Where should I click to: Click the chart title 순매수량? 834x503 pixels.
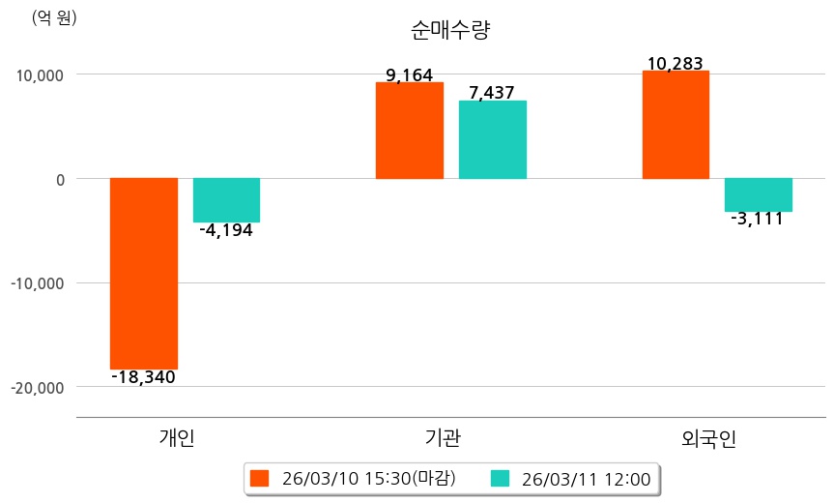pyautogui.click(x=451, y=31)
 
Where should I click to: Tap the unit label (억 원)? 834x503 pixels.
pyautogui.click(x=54, y=17)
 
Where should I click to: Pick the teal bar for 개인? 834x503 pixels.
pyautogui.click(x=226, y=200)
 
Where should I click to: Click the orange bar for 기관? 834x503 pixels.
pyautogui.click(x=409, y=131)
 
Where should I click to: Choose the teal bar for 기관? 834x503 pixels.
pyautogui.click(x=492, y=139)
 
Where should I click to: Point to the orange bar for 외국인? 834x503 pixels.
pyautogui.click(x=676, y=125)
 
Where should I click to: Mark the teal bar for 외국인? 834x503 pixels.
pyautogui.click(x=759, y=194)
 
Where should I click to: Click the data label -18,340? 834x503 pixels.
pyautogui.click(x=144, y=377)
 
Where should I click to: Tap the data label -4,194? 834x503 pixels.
pyautogui.click(x=226, y=230)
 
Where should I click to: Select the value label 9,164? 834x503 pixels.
pyautogui.click(x=409, y=74)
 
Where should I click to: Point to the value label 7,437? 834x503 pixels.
pyautogui.click(x=492, y=93)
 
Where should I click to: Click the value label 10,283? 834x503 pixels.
pyautogui.click(x=676, y=64)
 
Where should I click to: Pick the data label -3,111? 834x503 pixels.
pyautogui.click(x=758, y=219)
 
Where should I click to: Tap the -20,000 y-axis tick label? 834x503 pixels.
pyautogui.click(x=38, y=387)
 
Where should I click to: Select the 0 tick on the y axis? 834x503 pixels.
pyautogui.click(x=59, y=179)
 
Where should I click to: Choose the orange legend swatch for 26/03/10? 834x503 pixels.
pyautogui.click(x=259, y=478)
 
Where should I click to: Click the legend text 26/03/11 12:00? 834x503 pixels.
pyautogui.click(x=586, y=478)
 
